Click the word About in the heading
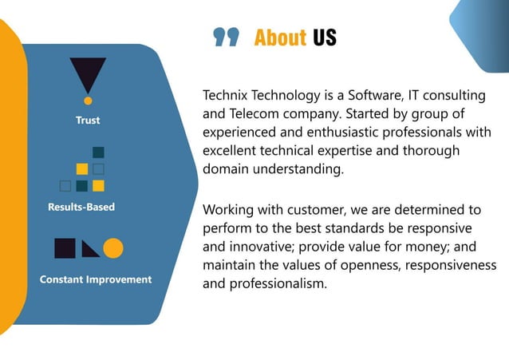pyautogui.click(x=280, y=38)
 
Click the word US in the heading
pyautogui.click(x=325, y=38)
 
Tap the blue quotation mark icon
pyautogui.click(x=227, y=38)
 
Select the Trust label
pyautogui.click(x=88, y=121)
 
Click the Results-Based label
pyautogui.click(x=81, y=207)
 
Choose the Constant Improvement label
pyautogui.click(x=96, y=279)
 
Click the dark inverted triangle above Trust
pyautogui.click(x=88, y=75)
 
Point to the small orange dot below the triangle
pyautogui.click(x=88, y=101)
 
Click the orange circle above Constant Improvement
pyautogui.click(x=113, y=248)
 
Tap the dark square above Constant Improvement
pyautogui.click(x=65, y=248)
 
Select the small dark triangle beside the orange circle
pyautogui.click(x=89, y=251)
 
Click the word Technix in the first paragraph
pyautogui.click(x=229, y=96)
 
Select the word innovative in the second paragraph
pyautogui.click(x=269, y=247)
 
